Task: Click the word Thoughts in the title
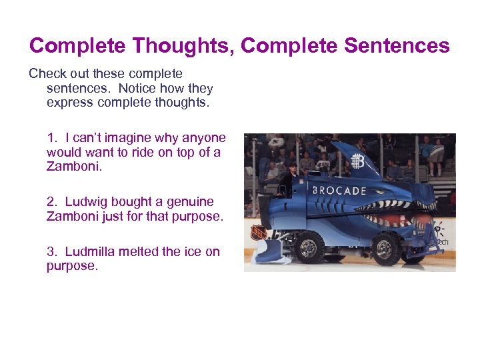point(183,46)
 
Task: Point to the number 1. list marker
point(53,138)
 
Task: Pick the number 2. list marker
point(53,201)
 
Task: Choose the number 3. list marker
point(53,251)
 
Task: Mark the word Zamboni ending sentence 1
point(73,167)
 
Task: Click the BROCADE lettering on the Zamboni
point(339,190)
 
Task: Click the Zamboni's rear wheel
point(307,248)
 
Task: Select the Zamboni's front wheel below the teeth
point(385,248)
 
